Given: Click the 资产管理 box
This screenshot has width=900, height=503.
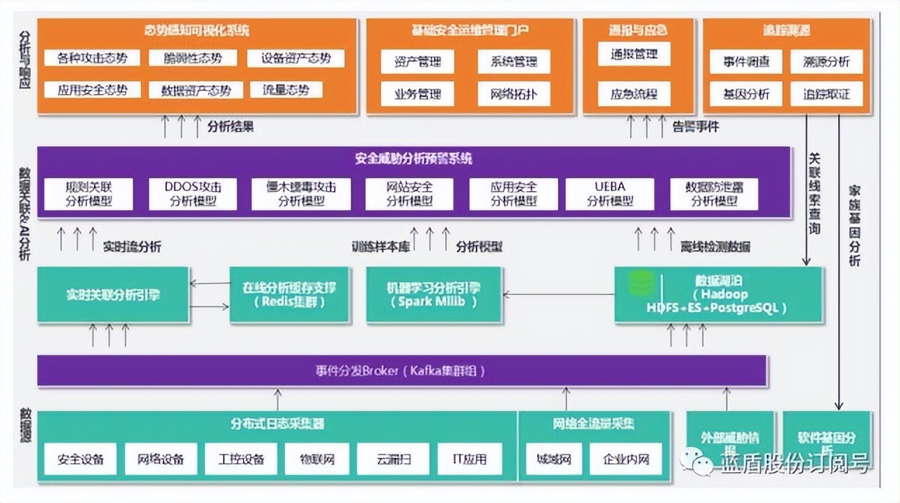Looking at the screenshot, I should [418, 61].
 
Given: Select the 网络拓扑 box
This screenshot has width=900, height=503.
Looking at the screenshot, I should [514, 93].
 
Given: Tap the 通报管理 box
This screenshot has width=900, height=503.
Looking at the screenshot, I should [635, 54].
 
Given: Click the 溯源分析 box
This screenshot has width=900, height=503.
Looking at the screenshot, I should [826, 61].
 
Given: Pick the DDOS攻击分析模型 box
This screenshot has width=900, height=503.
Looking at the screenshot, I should [192, 194].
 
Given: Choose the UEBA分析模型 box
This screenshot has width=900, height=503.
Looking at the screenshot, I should [609, 194].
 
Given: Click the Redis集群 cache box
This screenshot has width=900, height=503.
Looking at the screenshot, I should [289, 295].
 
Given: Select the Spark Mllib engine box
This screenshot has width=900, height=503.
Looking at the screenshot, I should [434, 295].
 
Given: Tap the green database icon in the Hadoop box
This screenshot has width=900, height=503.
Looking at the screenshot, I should [640, 283].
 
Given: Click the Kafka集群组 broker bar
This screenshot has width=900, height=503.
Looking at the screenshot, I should [402, 370].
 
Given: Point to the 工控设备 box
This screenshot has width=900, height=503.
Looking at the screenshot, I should [235, 459].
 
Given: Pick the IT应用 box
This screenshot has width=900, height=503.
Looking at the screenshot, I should [470, 459].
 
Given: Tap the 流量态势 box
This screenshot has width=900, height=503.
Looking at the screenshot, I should [286, 90].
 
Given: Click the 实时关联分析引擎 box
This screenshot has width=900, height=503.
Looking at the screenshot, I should [113, 295].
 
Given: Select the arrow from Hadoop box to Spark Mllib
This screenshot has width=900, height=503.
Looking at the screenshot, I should [558, 295].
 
